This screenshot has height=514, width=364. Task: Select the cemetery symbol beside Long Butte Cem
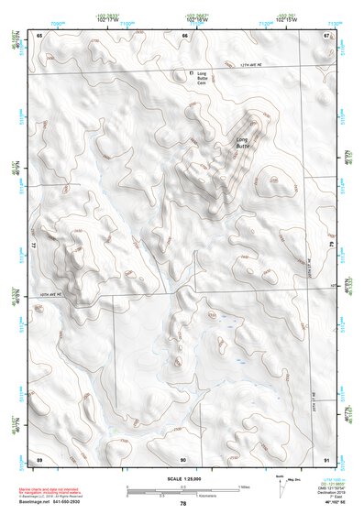click(191, 71)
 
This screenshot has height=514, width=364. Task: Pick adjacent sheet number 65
click(39, 35)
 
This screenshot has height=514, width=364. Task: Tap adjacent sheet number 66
click(184, 35)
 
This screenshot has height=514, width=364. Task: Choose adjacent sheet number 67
click(325, 35)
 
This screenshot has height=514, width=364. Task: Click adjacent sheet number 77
click(34, 246)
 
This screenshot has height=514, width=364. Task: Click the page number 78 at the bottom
click(183, 503)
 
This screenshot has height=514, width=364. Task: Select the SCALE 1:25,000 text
click(182, 478)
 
